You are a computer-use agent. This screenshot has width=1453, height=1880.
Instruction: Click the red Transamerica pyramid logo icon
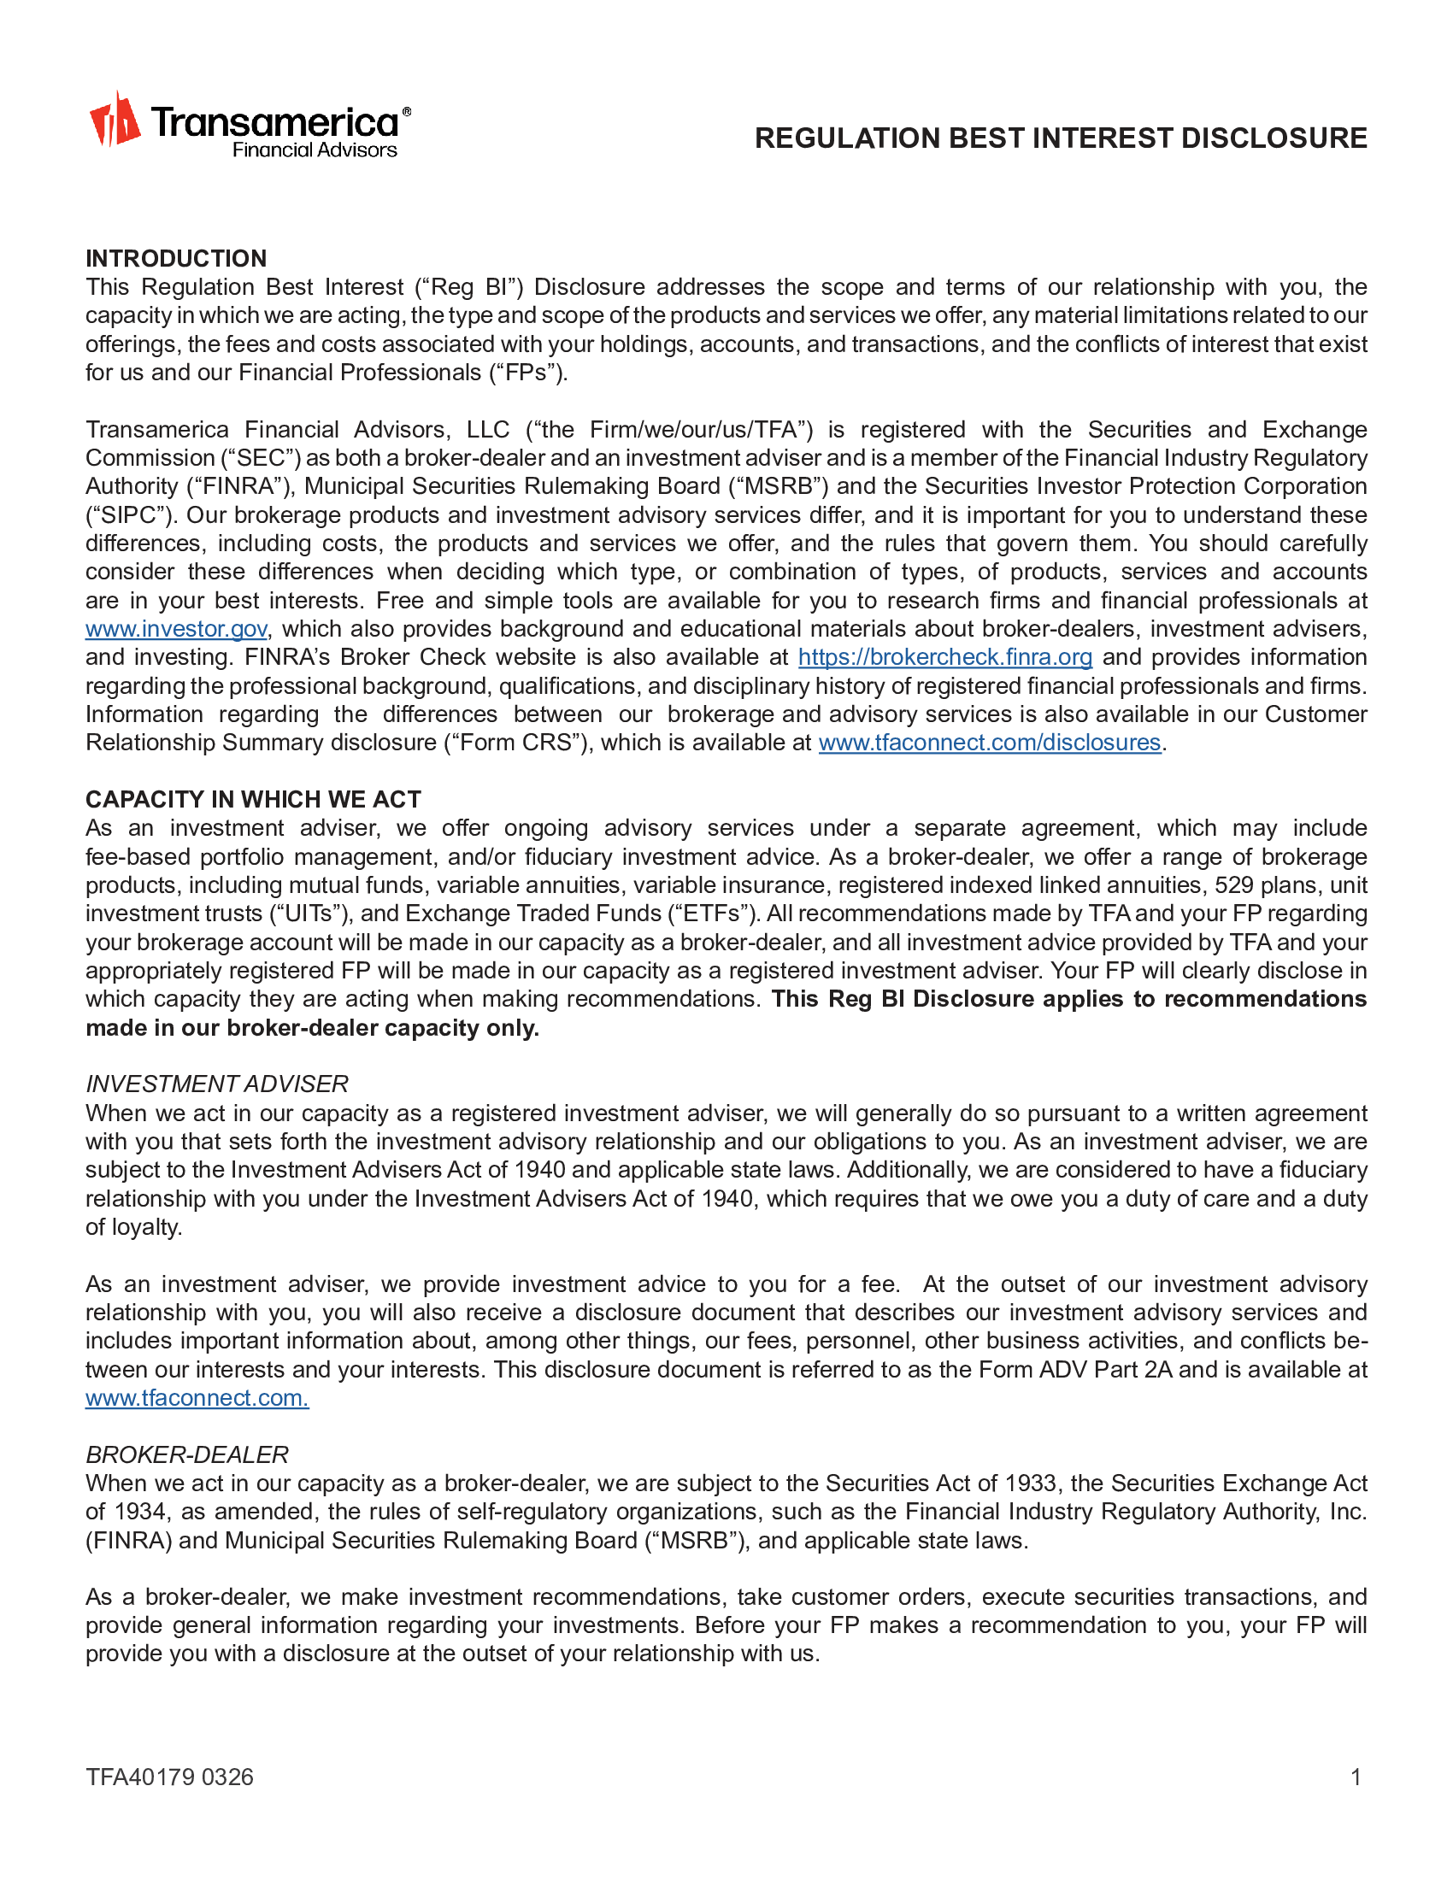click(x=115, y=120)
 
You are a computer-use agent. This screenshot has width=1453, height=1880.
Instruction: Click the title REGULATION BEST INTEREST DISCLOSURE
click(x=1061, y=138)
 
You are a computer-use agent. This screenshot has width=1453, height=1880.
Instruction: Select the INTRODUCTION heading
click(x=175, y=258)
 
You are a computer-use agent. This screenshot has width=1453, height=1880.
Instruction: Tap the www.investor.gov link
click(x=175, y=629)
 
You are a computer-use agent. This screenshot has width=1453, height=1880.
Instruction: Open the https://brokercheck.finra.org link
click(x=944, y=658)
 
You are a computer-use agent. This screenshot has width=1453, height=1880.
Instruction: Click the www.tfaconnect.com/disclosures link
click(x=989, y=743)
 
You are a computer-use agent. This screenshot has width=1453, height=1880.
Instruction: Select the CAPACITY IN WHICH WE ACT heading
click(x=253, y=800)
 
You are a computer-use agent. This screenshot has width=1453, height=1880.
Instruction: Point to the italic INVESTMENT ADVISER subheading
click(x=217, y=1084)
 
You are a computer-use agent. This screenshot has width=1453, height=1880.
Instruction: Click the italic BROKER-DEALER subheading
click(x=187, y=1454)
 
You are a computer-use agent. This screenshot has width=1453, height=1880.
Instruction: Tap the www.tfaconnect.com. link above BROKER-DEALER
click(x=197, y=1398)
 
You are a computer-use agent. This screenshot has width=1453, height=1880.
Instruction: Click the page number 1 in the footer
click(x=1356, y=1777)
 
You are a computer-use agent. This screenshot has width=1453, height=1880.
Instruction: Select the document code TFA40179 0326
click(x=169, y=1777)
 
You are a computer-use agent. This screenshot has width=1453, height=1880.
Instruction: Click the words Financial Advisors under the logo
click(x=315, y=150)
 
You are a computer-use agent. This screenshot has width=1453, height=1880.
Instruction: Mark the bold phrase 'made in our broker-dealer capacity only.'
click(x=313, y=1028)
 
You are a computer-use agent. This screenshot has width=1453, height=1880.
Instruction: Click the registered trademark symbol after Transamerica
click(x=406, y=112)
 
